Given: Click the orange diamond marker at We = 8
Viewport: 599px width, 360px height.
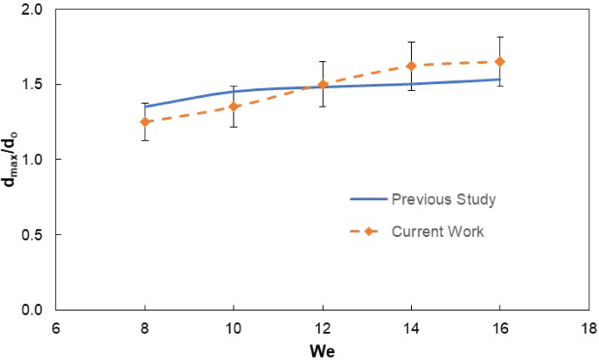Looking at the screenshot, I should [144, 121].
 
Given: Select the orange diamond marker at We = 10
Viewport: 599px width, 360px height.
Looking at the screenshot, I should [233, 107].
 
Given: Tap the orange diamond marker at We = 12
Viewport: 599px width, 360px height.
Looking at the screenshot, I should [323, 85].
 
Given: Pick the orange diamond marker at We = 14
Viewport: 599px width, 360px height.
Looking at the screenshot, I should [411, 66].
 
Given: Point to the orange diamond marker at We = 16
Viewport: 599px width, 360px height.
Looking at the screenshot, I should [500, 62].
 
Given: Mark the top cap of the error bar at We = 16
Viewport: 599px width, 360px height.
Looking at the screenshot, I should [500, 38].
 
